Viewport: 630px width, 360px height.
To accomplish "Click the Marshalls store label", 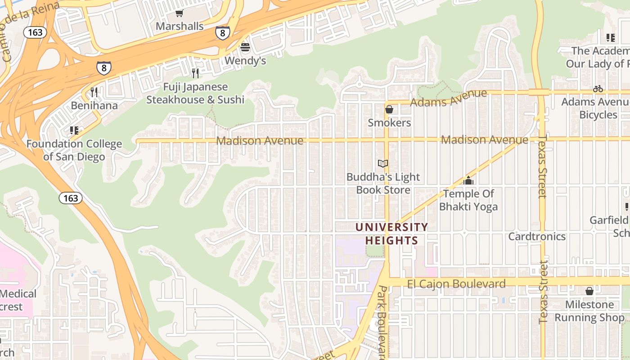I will (180, 26).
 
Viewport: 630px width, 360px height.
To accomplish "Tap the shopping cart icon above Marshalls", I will (180, 13).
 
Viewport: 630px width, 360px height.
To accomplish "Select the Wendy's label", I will (245, 60).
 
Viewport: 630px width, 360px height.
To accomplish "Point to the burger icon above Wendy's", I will (245, 47).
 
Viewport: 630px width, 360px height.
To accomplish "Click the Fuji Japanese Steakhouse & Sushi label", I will (195, 93).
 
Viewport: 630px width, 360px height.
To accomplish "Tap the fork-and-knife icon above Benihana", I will (94, 92).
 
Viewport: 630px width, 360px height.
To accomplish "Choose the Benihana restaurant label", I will (94, 106).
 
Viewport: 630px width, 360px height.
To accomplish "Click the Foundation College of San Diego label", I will (74, 150).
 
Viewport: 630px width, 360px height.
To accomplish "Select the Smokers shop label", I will (389, 122).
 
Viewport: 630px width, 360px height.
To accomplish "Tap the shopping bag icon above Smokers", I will (389, 109).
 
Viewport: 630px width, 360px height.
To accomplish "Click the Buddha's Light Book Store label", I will (383, 183).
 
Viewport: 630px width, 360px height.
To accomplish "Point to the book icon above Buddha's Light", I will (383, 164).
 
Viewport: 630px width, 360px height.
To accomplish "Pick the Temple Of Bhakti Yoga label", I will (468, 200).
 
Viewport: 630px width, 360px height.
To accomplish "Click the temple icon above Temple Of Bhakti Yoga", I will (468, 180).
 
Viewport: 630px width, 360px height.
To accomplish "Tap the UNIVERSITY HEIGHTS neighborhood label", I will (391, 234).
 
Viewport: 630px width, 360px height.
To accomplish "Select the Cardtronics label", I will (537, 236).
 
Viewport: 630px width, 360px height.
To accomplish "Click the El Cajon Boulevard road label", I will (456, 284).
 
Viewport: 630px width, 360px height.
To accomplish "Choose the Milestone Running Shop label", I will (589, 311).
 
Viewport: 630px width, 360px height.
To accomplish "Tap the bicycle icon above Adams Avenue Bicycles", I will (598, 89).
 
